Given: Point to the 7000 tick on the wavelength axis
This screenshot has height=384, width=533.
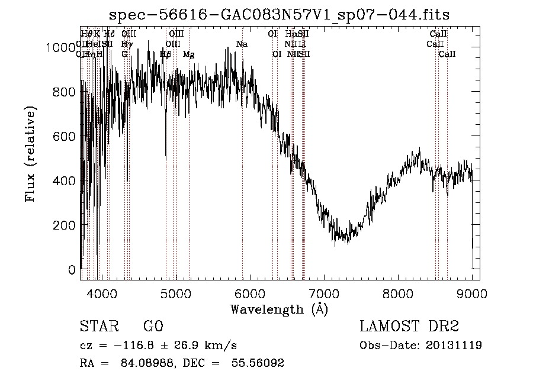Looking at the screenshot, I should coord(324,279).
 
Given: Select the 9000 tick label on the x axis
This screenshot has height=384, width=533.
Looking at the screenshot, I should coord(472,293).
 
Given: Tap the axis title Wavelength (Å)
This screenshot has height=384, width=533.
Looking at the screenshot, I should coord(279,309).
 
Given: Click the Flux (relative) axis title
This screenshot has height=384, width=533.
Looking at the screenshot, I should coord(31,154).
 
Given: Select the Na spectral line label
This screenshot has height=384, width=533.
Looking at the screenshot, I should coord(242,44).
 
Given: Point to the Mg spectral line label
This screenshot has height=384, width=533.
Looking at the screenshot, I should coord(188,54).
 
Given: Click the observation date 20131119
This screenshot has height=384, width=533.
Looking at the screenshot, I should coord(456,345).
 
